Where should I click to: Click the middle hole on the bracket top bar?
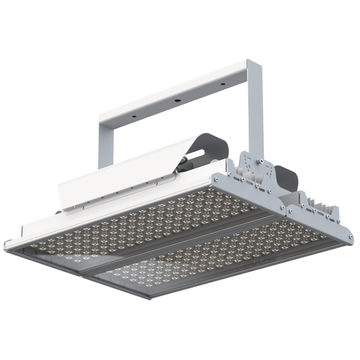pyautogui.click(x=177, y=100)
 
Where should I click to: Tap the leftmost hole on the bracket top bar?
pyautogui.click(x=134, y=117)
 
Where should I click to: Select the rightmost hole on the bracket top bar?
pyautogui.click(x=223, y=84)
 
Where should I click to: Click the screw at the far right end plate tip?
pyautogui.click(x=350, y=237)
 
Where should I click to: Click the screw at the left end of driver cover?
pyautogui.click(x=82, y=207)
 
